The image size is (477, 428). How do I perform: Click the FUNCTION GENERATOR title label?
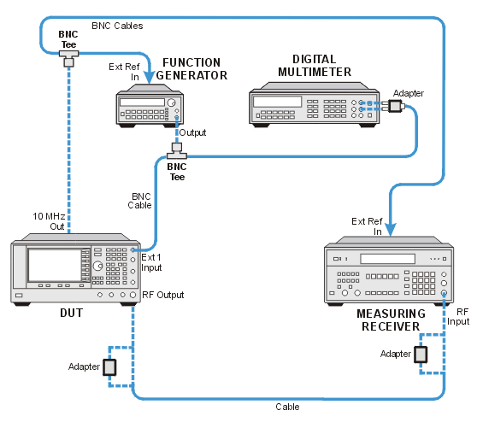pos(191,69)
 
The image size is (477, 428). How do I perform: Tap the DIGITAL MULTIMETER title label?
pos(315,66)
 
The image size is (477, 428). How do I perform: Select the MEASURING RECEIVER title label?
pos(391,320)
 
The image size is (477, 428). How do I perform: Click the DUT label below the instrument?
pos(72,313)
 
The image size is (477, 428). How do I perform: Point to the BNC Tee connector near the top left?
pos(68,58)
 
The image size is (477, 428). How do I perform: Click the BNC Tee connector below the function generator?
pos(177,151)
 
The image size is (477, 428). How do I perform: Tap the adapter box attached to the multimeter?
pos(396,106)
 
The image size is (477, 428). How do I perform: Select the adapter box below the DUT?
pos(109,367)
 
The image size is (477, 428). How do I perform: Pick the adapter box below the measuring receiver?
pos(421,355)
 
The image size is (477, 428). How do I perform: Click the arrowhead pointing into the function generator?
pos(149,78)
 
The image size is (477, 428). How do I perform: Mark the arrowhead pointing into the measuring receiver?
pos(391,230)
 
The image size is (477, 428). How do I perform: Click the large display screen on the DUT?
pos(55,265)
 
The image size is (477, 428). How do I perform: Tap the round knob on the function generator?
pos(172,103)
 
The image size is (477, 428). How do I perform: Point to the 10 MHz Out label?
pos(49,221)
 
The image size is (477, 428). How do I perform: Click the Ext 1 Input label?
pos(151,262)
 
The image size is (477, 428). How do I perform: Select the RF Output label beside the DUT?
pos(163,295)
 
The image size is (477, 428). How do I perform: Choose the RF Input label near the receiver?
pos(458,316)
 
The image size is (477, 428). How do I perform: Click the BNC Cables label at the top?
pos(117,26)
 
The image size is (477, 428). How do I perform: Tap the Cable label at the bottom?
pos(287,407)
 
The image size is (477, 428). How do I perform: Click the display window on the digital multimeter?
pos(278,102)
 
